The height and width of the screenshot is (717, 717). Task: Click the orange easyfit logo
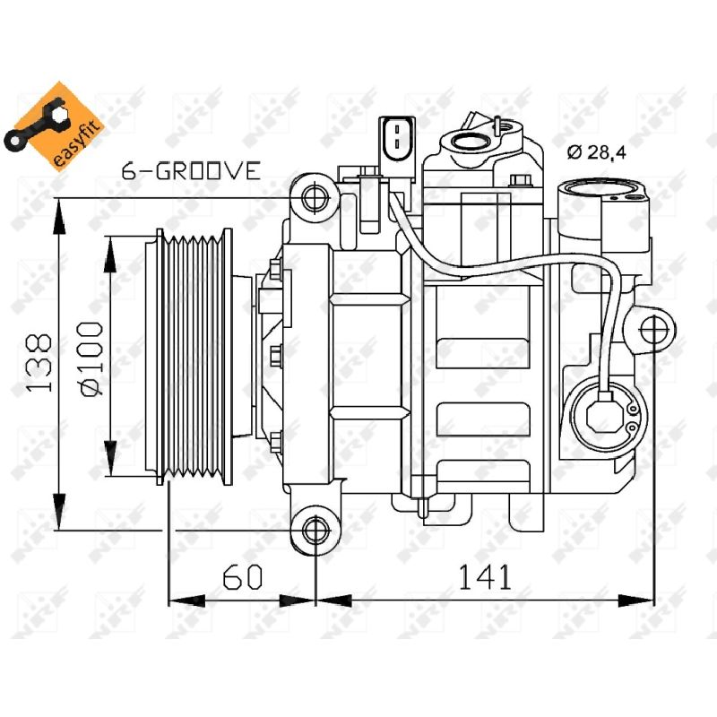(53, 127)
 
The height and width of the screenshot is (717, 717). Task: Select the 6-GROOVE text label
(191, 170)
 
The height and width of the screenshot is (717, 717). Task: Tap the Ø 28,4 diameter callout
(597, 151)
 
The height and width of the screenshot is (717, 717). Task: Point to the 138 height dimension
(39, 363)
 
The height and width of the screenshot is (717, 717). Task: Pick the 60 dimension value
(242, 576)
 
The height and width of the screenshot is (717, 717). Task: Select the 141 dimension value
(484, 576)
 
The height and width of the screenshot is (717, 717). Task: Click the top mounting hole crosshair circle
(315, 196)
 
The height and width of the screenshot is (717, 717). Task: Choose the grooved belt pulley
(194, 356)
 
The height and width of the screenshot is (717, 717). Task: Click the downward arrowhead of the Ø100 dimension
(110, 458)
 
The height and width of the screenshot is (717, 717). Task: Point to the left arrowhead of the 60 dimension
(187, 600)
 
